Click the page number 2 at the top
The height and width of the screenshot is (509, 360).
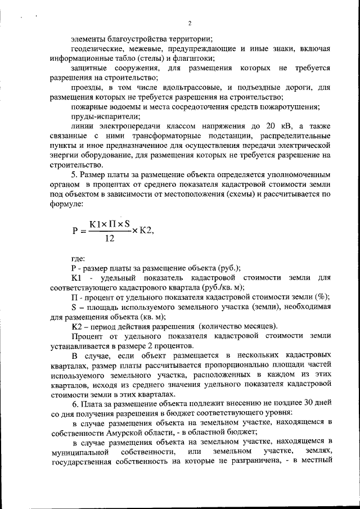[x=190, y=23]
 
